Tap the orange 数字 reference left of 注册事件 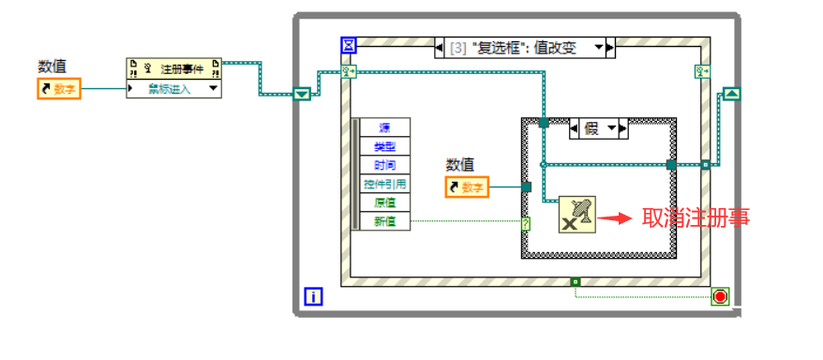[59, 89]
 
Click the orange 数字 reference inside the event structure [467, 187]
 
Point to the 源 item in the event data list [384, 128]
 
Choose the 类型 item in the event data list [384, 146]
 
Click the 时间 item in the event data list [384, 165]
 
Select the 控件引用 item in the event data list [384, 184]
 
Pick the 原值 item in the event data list [384, 202]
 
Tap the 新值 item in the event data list [384, 221]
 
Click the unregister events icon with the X [576, 215]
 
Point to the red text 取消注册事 [696, 218]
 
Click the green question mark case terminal [526, 224]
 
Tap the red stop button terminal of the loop [720, 297]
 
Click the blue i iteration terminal [314, 297]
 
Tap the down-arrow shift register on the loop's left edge [302, 94]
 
